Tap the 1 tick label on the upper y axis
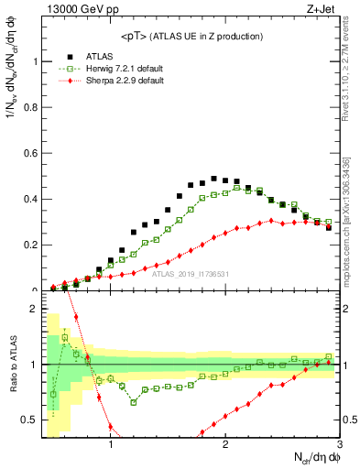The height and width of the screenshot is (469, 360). click(34, 62)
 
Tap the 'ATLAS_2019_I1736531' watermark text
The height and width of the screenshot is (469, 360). click(191, 274)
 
